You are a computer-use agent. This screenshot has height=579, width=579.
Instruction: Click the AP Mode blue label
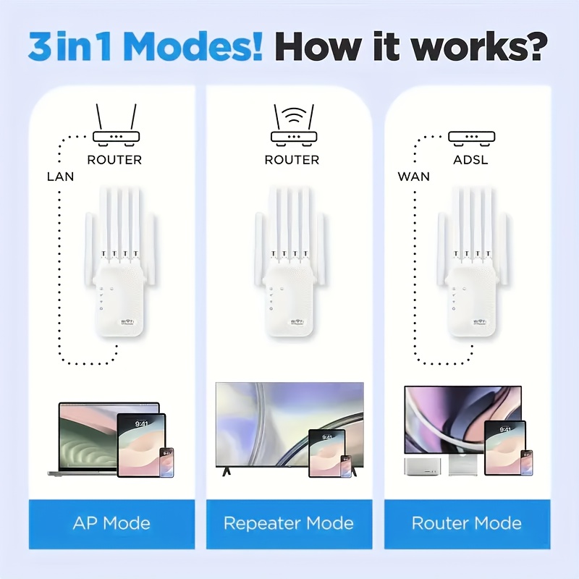click(112, 523)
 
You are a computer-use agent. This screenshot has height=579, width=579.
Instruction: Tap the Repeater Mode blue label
click(289, 523)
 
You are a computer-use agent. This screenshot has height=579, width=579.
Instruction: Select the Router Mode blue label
click(467, 523)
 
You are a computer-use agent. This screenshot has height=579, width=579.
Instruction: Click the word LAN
click(60, 176)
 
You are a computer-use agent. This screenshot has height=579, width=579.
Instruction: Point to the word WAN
click(413, 176)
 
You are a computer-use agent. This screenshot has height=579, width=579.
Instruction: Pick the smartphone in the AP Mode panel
click(166, 462)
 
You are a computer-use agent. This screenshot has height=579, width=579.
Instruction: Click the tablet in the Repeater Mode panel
click(326, 453)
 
